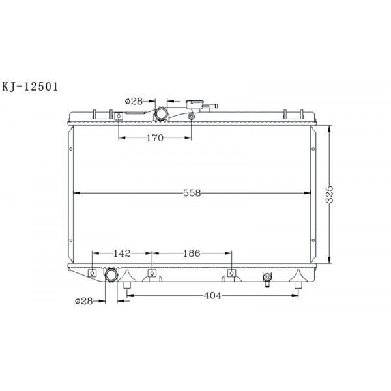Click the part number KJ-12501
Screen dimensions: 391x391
(x=30, y=87)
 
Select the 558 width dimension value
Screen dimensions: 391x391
(x=192, y=193)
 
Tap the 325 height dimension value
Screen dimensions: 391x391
(x=330, y=194)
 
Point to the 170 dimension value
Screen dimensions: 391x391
(x=155, y=138)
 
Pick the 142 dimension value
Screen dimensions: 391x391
(x=122, y=253)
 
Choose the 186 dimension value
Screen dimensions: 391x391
(x=192, y=253)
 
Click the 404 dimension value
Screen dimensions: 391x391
(x=212, y=296)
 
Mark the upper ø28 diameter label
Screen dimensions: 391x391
(x=134, y=101)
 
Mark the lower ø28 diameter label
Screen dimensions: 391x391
(x=84, y=301)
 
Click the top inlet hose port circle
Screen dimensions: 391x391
(x=160, y=114)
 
